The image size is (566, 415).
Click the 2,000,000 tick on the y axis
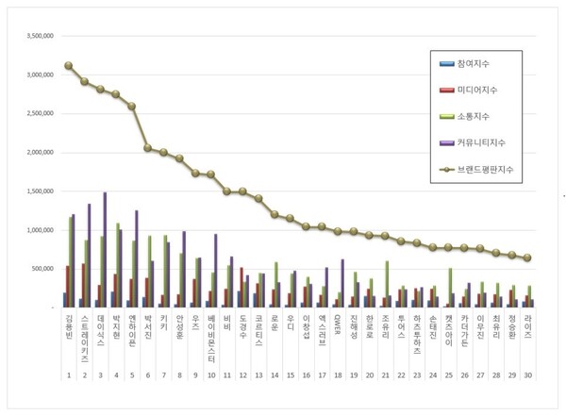coord(35,153)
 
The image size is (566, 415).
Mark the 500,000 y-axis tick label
coord(39,269)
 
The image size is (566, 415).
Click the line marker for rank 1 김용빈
coord(69,66)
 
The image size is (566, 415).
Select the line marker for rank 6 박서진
coord(147,148)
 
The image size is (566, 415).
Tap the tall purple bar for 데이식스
coord(105,250)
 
